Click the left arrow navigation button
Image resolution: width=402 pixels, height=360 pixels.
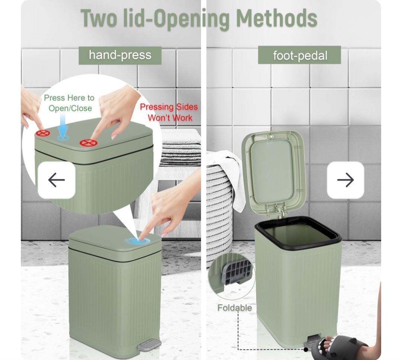(57, 180)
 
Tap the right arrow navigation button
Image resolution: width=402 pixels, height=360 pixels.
(345, 180)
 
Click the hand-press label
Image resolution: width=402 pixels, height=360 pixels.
(120, 56)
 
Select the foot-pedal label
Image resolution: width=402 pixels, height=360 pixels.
(299, 55)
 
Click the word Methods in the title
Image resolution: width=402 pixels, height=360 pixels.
(277, 19)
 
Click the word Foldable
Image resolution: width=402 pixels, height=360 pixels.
(234, 307)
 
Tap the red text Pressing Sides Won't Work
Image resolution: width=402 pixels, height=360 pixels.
(169, 112)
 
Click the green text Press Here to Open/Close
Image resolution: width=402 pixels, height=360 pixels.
(69, 103)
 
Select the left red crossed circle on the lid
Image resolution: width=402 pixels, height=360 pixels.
(43, 133)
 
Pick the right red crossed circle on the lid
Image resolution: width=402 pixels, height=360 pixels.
(89, 143)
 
